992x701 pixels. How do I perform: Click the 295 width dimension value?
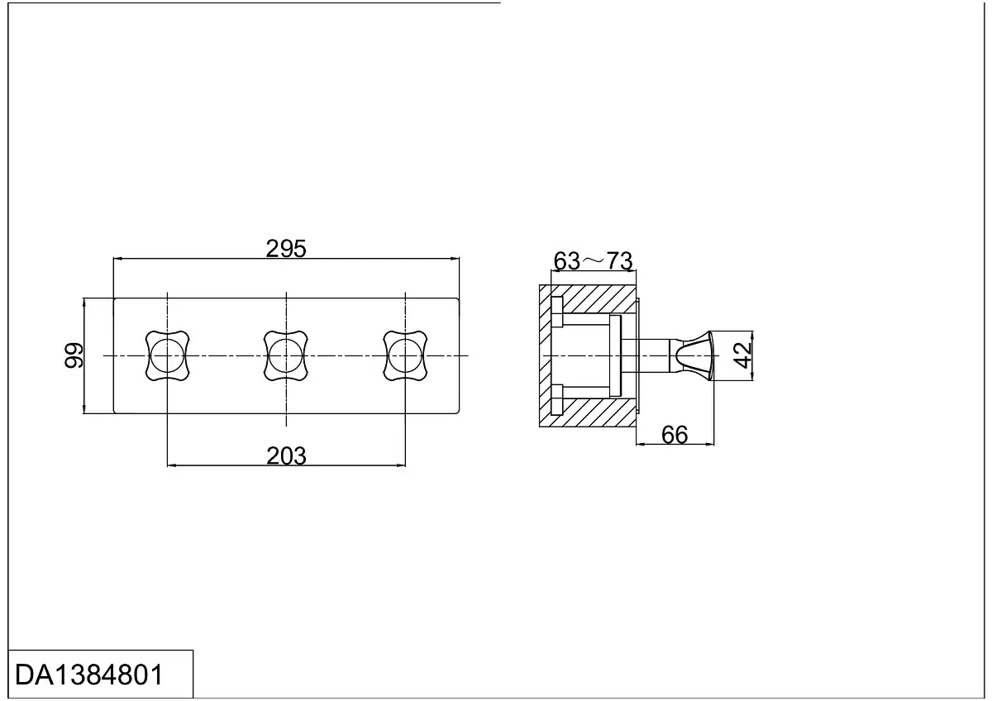286,249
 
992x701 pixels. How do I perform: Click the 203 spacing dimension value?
286,455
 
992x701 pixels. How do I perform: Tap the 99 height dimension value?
74,355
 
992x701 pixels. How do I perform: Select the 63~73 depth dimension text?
593,261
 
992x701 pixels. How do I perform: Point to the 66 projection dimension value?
675,435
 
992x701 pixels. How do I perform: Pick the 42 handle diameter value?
742,355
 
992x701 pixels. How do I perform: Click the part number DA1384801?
89,675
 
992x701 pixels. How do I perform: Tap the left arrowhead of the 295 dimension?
117,259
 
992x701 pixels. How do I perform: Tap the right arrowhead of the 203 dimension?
401,465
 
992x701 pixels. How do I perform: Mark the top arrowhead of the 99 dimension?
83,303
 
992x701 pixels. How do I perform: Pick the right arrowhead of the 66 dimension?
710,444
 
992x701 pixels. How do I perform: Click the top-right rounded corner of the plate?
457,300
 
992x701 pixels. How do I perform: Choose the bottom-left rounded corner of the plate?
116,412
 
